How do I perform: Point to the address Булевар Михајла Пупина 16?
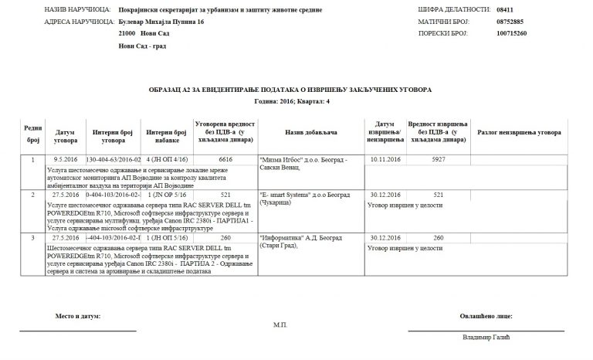pyautogui.click(x=161, y=22)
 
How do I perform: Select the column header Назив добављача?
pyautogui.click(x=310, y=133)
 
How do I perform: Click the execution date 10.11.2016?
pyautogui.click(x=385, y=160)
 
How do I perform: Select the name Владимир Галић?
pyautogui.click(x=487, y=338)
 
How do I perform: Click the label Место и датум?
pyautogui.click(x=78, y=316)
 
